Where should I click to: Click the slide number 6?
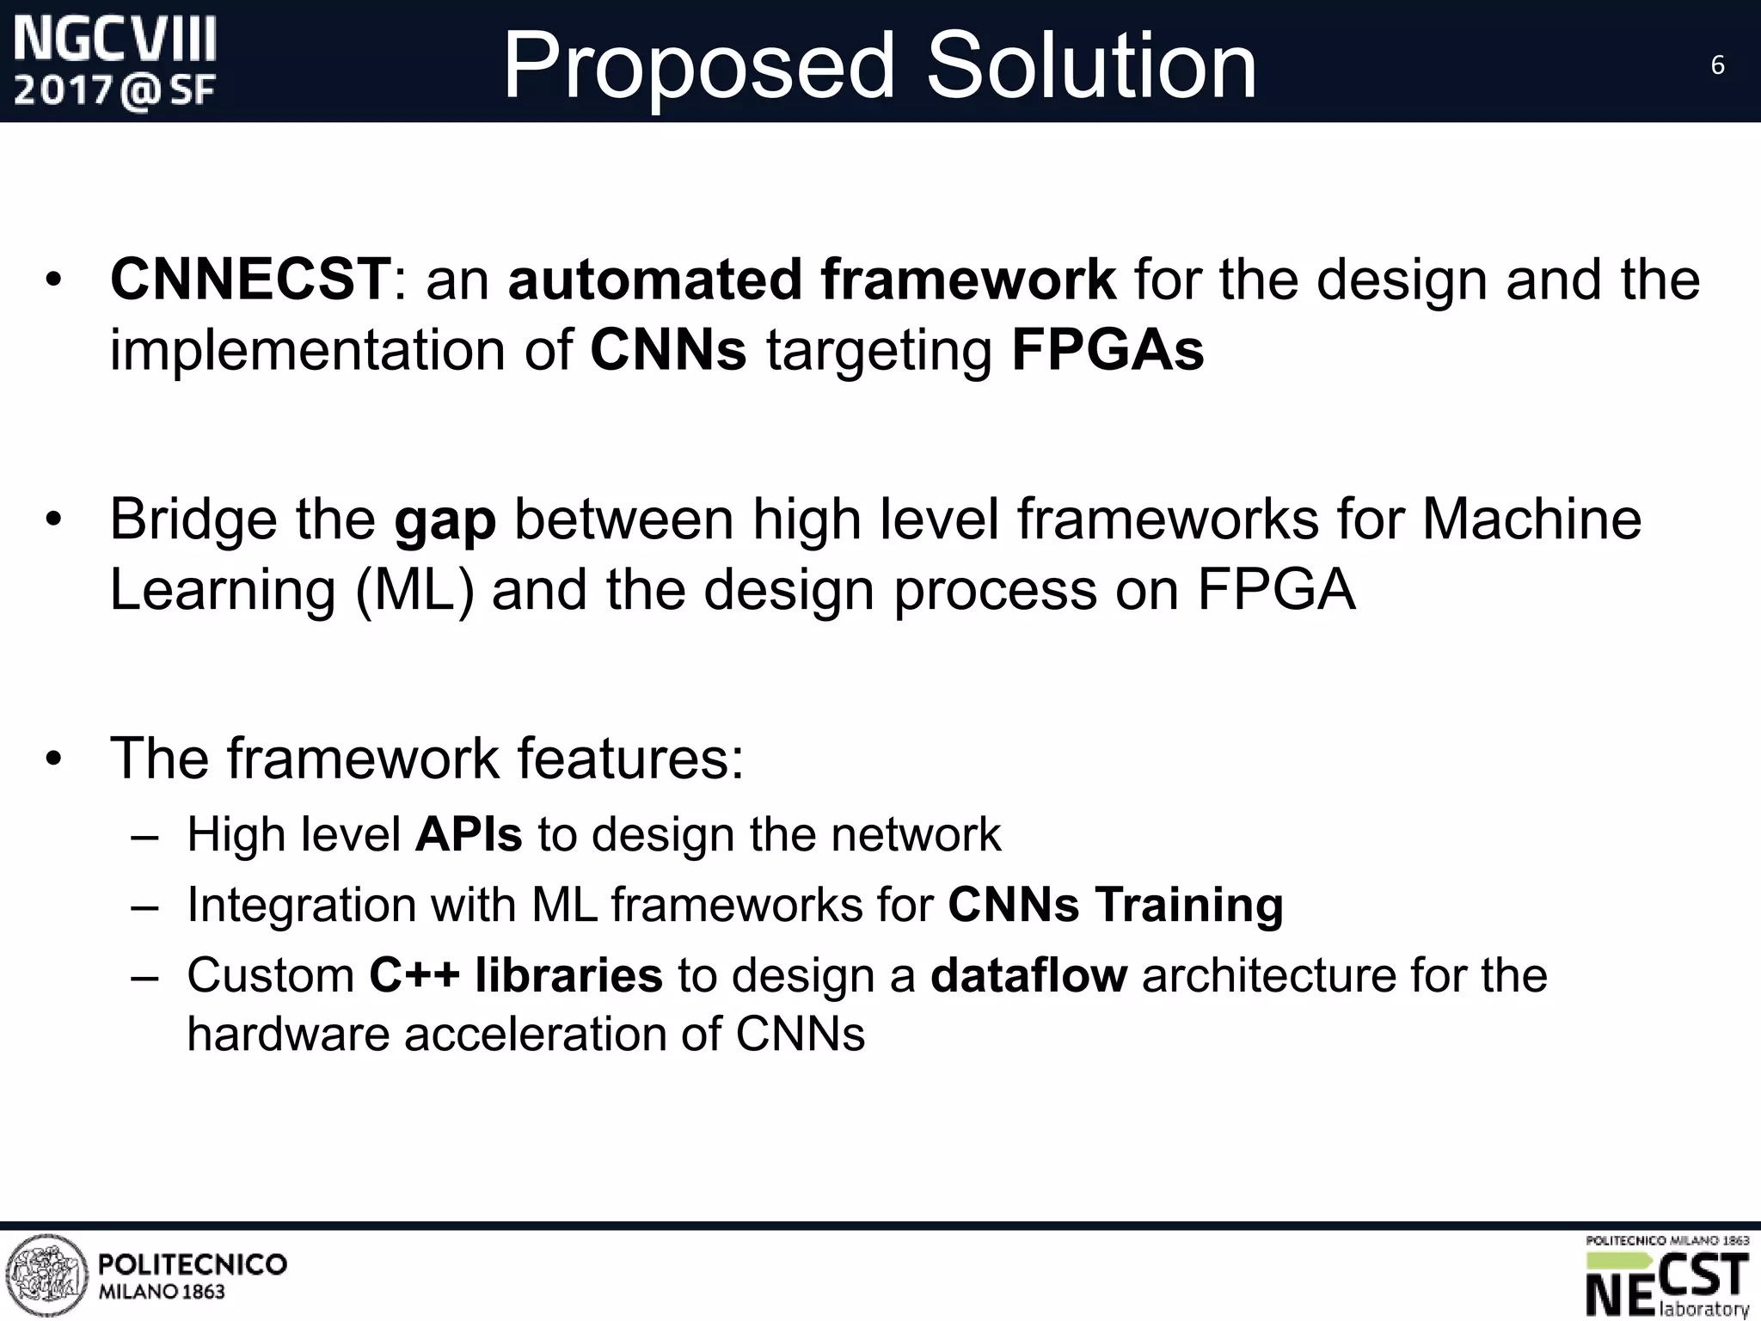coord(1717,65)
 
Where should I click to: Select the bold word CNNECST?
coord(250,280)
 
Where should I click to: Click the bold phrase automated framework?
coord(812,280)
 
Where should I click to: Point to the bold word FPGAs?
coord(1108,350)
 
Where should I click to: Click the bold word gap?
coord(445,521)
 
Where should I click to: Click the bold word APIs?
coord(469,834)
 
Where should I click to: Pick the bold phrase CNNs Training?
coord(1115,905)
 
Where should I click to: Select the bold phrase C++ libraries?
coord(516,975)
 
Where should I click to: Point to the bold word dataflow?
coord(1028,975)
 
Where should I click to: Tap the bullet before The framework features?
coord(54,759)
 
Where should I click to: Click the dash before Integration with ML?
coord(147,906)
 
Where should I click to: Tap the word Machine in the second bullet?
coord(1531,519)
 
